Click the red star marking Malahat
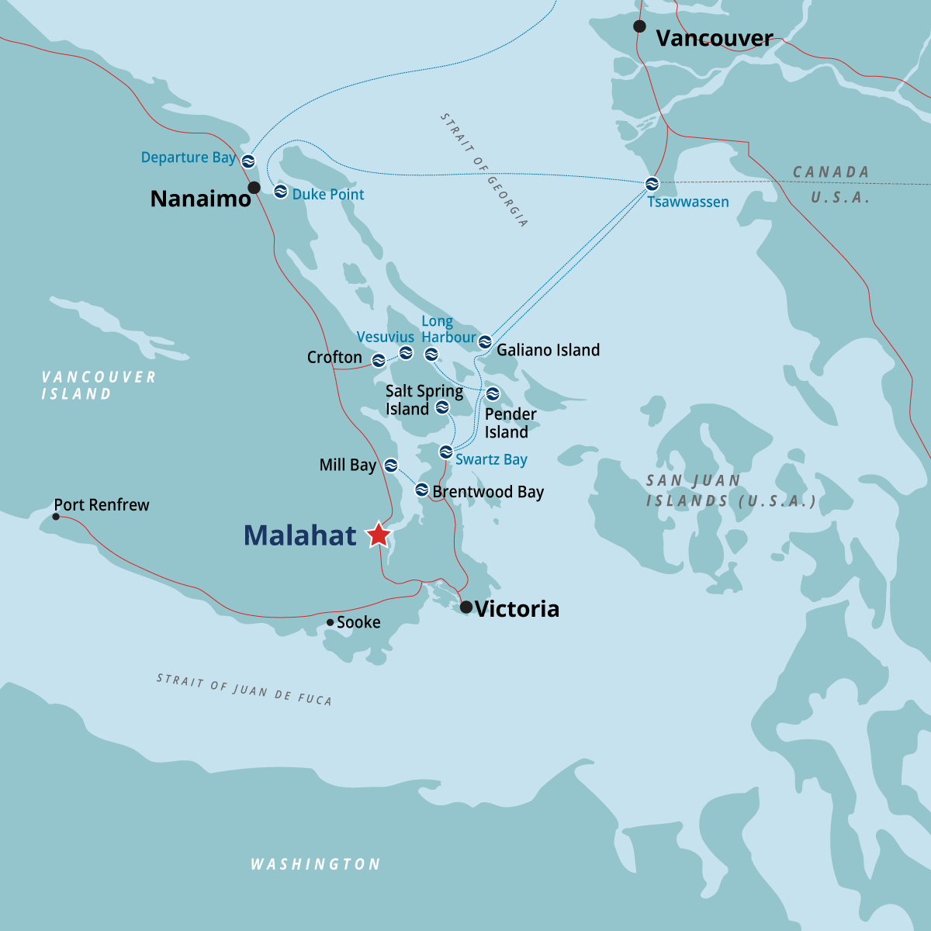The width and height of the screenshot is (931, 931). click(x=379, y=535)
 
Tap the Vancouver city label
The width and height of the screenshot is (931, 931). click(x=714, y=38)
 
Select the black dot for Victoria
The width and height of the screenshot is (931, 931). click(x=466, y=607)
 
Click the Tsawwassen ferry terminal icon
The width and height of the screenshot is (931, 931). click(x=652, y=184)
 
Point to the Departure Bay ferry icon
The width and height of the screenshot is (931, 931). click(x=248, y=161)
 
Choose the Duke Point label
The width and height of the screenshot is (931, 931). click(x=327, y=195)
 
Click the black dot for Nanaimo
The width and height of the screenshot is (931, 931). click(x=254, y=188)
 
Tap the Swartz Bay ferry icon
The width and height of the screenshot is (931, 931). click(x=445, y=452)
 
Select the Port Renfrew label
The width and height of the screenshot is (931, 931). click(x=102, y=505)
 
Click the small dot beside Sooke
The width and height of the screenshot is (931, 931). click(x=330, y=622)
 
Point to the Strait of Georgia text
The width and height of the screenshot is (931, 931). click(x=484, y=170)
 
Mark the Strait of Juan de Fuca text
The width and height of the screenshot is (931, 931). click(x=244, y=689)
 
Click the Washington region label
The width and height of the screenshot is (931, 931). click(x=315, y=864)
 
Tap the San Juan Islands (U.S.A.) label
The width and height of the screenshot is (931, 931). click(x=731, y=491)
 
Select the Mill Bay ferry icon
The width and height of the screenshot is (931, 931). click(x=391, y=465)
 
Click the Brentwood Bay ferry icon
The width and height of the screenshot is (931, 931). click(x=421, y=490)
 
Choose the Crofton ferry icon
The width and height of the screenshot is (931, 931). click(x=379, y=360)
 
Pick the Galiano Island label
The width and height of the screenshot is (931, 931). click(x=548, y=351)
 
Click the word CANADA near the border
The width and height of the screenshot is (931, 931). click(x=830, y=172)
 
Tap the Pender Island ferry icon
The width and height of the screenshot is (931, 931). click(x=493, y=394)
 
